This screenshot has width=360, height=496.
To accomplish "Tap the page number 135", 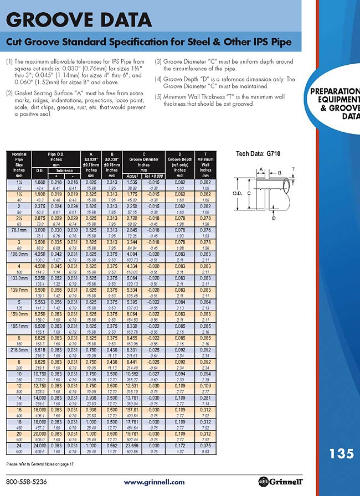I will click(341, 454).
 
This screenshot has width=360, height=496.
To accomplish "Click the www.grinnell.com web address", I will click(155, 482).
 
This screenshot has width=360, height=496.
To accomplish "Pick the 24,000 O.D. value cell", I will click(40, 445).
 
